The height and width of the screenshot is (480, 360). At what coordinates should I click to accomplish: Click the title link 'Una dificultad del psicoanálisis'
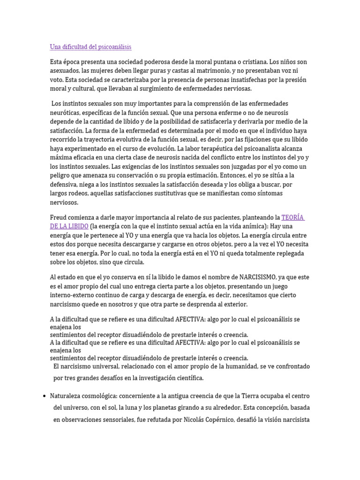[x=90, y=47]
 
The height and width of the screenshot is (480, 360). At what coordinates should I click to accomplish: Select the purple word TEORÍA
[x=293, y=217]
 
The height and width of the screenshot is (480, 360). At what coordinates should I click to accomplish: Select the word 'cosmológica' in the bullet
[x=105, y=396]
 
